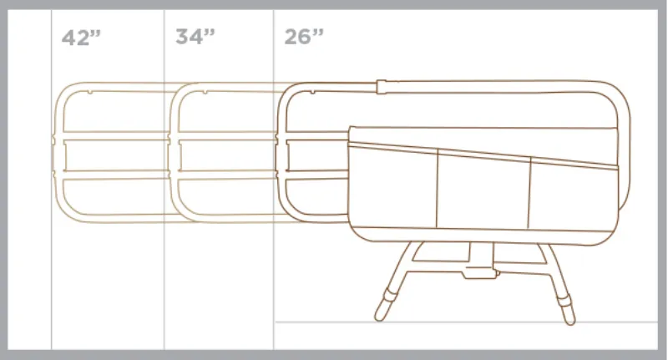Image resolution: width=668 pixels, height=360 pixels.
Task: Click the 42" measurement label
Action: click(81, 38)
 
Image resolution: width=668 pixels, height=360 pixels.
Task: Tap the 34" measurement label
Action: click(195, 38)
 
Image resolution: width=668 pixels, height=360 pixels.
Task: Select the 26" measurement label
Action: click(304, 38)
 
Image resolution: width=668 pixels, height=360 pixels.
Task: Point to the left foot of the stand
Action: click(383, 309)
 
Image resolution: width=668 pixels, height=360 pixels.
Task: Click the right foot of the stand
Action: click(568, 311)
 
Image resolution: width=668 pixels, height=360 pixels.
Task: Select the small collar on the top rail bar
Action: click(382, 85)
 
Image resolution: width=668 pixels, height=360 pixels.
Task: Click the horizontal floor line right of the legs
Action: click(618, 322)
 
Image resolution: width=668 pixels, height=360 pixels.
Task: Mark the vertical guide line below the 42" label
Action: click(52, 276)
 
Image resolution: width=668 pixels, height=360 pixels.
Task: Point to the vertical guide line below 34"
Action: click(164, 276)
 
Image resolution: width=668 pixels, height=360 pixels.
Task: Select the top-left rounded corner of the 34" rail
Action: click(177, 90)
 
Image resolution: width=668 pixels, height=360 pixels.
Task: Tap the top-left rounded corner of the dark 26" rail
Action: click(286, 91)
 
